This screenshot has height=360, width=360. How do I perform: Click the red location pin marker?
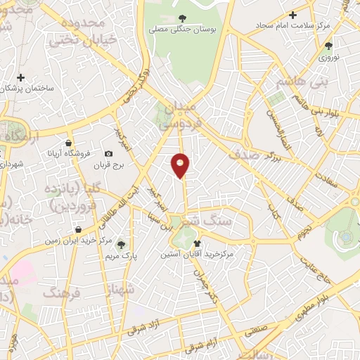point(181,165)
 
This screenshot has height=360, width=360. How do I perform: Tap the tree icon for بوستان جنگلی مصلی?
point(183,19)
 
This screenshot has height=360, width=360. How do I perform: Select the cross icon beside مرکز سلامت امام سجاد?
point(293,15)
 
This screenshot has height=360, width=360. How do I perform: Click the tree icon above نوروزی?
point(328,46)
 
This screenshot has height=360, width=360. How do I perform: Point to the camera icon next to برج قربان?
point(108,154)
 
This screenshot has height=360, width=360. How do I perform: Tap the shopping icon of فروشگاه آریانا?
point(68,143)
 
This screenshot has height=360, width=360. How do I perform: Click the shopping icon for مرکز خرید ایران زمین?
point(78,230)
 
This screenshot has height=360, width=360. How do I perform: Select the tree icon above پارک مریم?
point(122,245)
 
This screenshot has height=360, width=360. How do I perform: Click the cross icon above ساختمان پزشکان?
point(21,77)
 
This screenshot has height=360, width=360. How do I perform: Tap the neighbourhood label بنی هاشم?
point(283,82)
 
